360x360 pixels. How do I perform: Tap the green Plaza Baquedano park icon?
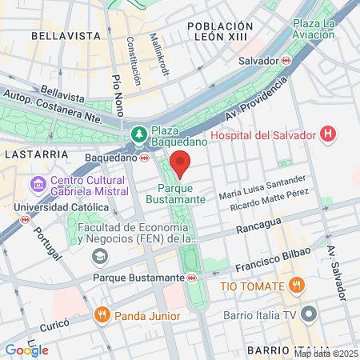pos(139,134)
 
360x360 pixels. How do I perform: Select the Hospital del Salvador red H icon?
pos(327,134)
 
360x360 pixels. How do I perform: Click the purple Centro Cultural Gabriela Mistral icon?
pos(36,185)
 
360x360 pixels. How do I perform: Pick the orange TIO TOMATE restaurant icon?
pos(296,285)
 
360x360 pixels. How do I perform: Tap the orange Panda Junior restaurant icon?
pos(102,314)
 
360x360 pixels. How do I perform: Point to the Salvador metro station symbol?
pos(286,60)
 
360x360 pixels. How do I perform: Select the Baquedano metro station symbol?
pos(144,158)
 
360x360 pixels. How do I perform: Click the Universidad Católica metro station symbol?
pos(26,218)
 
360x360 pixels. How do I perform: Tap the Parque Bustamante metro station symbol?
pos(192,278)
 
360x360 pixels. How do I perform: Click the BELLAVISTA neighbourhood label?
pos(58,36)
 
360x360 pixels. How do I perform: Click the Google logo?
pos(26,350)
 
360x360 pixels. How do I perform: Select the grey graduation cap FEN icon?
pos(100,256)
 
